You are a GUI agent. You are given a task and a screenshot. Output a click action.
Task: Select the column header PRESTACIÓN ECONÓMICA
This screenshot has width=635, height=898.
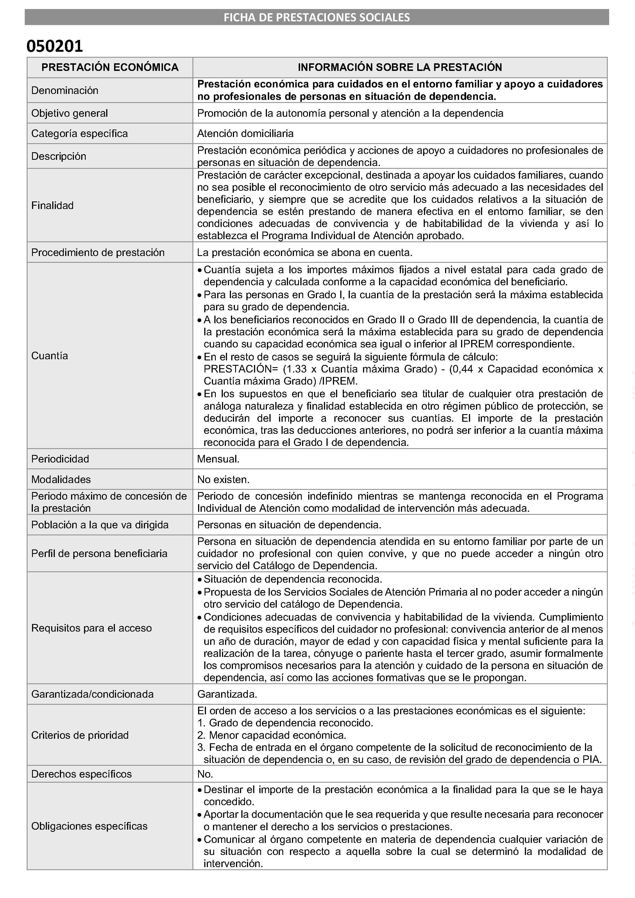coord(110,67)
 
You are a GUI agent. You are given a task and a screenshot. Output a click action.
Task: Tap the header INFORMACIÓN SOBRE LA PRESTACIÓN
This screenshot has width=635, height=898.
coord(400,67)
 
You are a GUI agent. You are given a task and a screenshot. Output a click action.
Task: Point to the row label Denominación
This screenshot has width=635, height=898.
coord(65,90)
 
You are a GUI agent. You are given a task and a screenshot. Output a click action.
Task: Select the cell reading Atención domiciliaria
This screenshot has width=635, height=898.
coord(245,133)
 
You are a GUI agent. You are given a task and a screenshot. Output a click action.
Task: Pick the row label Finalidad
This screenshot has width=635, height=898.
coord(52,206)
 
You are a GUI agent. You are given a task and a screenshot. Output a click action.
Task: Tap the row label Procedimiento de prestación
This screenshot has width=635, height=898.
coord(98,252)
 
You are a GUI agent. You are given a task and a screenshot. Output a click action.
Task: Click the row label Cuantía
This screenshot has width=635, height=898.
coord(50,356)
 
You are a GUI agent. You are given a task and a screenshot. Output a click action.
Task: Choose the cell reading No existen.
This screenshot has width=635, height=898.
coord(223,480)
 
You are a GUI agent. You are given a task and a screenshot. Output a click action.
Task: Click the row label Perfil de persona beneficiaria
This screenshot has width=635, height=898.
coord(99,554)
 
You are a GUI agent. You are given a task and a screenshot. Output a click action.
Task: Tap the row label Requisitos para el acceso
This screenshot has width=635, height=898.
coord(92,628)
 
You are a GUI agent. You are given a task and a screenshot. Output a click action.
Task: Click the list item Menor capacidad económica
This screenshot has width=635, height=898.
coord(277,735)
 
